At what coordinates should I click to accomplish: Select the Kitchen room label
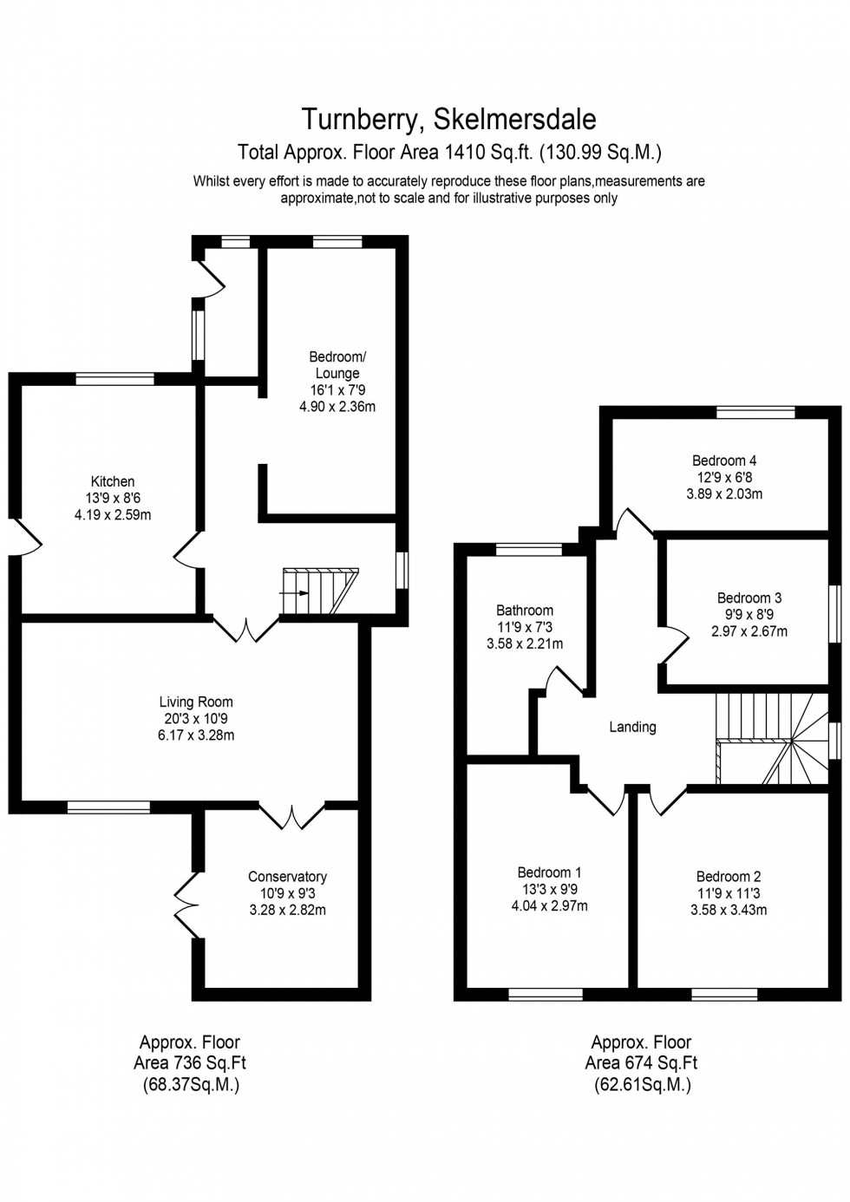point(113,481)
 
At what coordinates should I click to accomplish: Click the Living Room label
point(196,702)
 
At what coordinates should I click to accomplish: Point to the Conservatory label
point(287,877)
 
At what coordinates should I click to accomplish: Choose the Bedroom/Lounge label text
point(337,365)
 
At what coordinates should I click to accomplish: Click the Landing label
point(632,727)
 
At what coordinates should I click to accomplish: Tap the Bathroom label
point(524,610)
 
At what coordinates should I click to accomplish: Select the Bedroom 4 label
point(724,461)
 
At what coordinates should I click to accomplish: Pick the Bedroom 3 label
point(749,598)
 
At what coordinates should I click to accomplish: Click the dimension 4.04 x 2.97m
point(549,906)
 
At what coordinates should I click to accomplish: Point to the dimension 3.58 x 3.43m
point(729,910)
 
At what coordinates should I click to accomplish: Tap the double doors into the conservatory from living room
point(292,817)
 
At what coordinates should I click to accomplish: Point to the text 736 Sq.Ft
point(209,1063)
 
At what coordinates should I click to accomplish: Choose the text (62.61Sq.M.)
point(642,1084)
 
